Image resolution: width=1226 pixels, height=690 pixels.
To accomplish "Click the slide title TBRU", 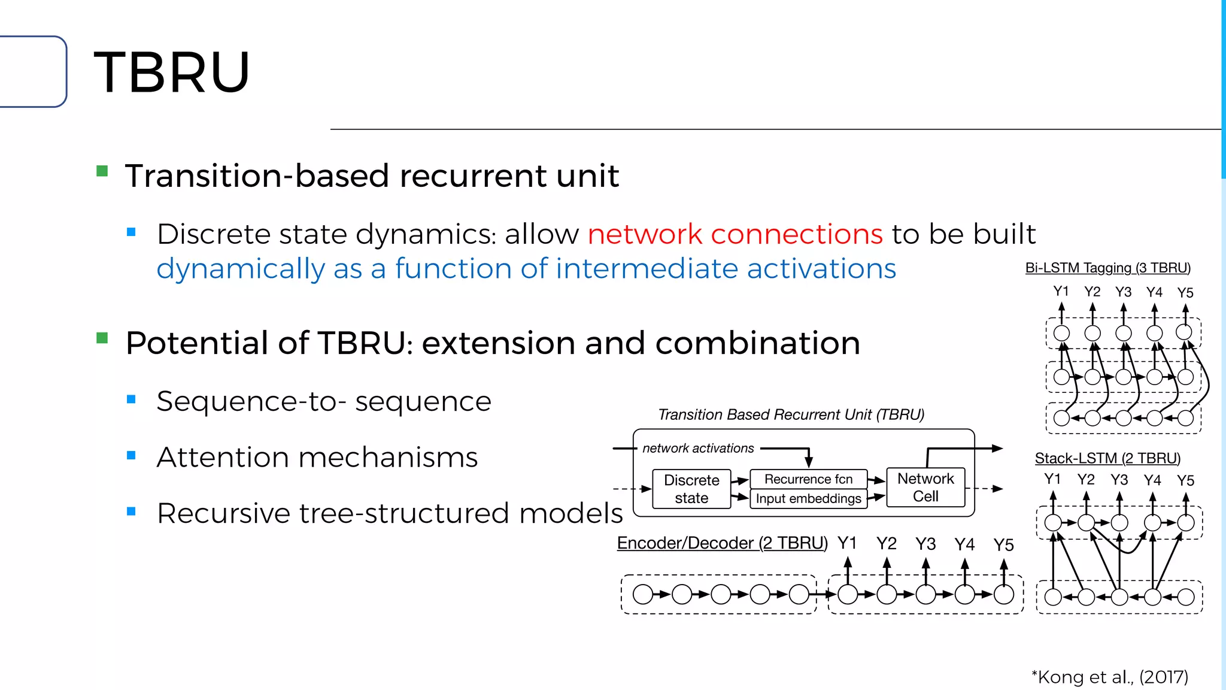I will coord(172,72).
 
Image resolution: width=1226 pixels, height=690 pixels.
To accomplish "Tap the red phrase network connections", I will coord(735,234).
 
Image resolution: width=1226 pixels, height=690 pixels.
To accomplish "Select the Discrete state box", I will coord(691,489).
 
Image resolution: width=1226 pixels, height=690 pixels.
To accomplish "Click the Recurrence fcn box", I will coord(808,479).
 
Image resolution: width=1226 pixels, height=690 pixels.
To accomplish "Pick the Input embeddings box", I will coord(808,498).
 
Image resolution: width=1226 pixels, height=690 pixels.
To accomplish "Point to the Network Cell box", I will coord(925,487).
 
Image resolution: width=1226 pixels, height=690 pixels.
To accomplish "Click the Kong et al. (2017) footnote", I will coord(1110,677).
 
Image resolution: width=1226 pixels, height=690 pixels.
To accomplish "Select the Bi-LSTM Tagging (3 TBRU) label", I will coord(1107,268).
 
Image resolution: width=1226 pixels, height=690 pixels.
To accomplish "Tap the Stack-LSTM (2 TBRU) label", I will coord(1107,458).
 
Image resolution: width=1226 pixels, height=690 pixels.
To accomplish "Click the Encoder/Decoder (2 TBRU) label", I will coord(722,543).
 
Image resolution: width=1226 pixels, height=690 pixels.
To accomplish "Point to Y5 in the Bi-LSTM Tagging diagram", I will coord(1185,293).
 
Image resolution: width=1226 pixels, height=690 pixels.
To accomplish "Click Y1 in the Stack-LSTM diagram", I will coord(1052,479).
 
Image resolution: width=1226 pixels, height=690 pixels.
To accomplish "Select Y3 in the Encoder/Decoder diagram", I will coord(925,544).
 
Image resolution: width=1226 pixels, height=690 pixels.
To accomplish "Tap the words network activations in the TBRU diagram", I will coord(698,448).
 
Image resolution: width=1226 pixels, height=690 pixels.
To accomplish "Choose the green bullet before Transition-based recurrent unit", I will coord(102,172).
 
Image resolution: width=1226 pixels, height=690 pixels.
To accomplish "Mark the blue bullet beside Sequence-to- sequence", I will coord(132,400).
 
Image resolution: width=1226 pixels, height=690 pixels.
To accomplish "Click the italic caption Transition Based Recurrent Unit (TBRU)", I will coord(791,414).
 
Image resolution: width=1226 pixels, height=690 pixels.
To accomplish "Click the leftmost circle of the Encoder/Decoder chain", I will coord(642,594).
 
